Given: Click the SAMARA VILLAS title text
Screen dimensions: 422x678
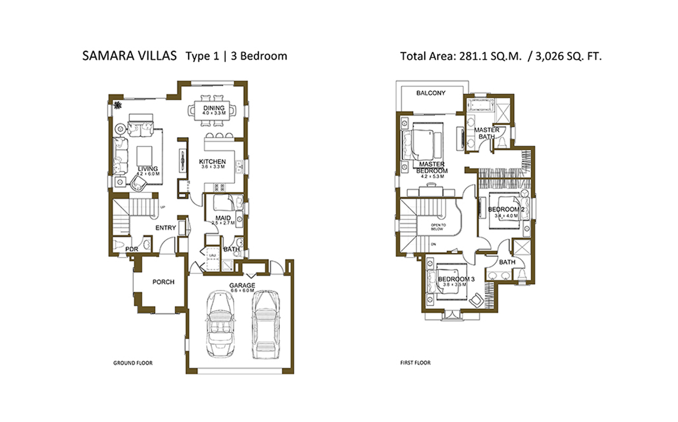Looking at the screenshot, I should point(130,56).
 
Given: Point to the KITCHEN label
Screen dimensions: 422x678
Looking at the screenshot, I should point(212,162).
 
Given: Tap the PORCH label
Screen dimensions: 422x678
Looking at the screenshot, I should point(163,282).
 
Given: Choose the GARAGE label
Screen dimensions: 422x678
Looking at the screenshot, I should point(242,286).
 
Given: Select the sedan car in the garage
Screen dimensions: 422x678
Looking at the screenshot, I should point(264,324).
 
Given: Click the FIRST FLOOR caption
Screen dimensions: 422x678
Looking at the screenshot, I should point(415,364).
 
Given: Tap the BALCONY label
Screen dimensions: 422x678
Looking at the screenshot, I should point(431,93).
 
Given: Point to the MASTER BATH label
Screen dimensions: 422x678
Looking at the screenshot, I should point(486,133).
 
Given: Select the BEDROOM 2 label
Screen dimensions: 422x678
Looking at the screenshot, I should point(506,210).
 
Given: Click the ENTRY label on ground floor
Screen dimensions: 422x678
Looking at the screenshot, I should point(165,228).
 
